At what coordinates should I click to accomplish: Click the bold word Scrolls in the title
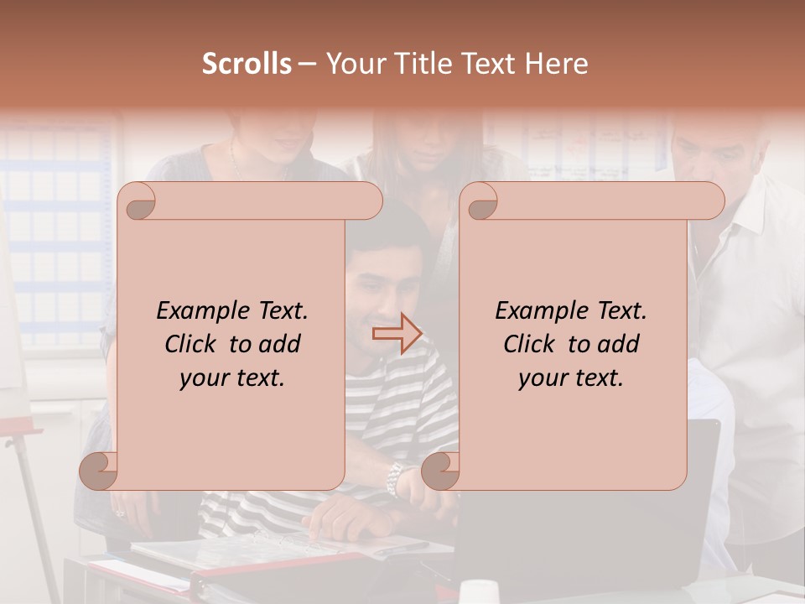pyautogui.click(x=247, y=64)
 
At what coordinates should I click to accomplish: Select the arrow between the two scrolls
pyautogui.click(x=397, y=333)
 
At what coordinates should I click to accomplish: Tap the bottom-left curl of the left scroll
pyautogui.click(x=98, y=471)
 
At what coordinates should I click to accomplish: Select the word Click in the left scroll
pyautogui.click(x=193, y=344)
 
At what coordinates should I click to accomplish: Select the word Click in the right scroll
pyautogui.click(x=532, y=344)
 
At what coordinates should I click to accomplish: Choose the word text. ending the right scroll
pyautogui.click(x=598, y=378)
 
